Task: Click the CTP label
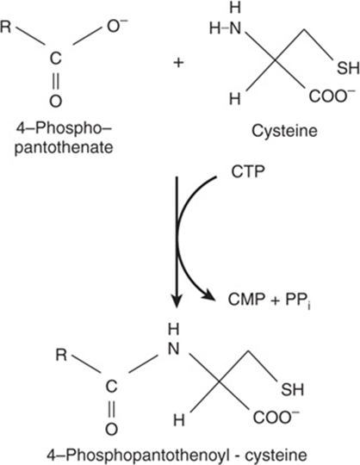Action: [248, 171]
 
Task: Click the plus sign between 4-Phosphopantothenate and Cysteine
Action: [178, 63]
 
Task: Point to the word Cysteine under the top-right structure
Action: [284, 131]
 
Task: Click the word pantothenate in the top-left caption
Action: [64, 147]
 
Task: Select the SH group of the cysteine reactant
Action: [348, 68]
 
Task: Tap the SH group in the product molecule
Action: [292, 390]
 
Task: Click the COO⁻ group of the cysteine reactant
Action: [332, 96]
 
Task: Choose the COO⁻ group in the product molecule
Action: [276, 417]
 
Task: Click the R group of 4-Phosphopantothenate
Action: [6, 28]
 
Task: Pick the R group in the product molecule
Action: [61, 355]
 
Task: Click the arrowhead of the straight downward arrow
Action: [177, 301]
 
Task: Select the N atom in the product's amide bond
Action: [174, 349]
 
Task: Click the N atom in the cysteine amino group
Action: [235, 28]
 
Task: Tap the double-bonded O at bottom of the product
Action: [112, 429]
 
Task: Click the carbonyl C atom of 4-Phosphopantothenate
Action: [55, 59]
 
